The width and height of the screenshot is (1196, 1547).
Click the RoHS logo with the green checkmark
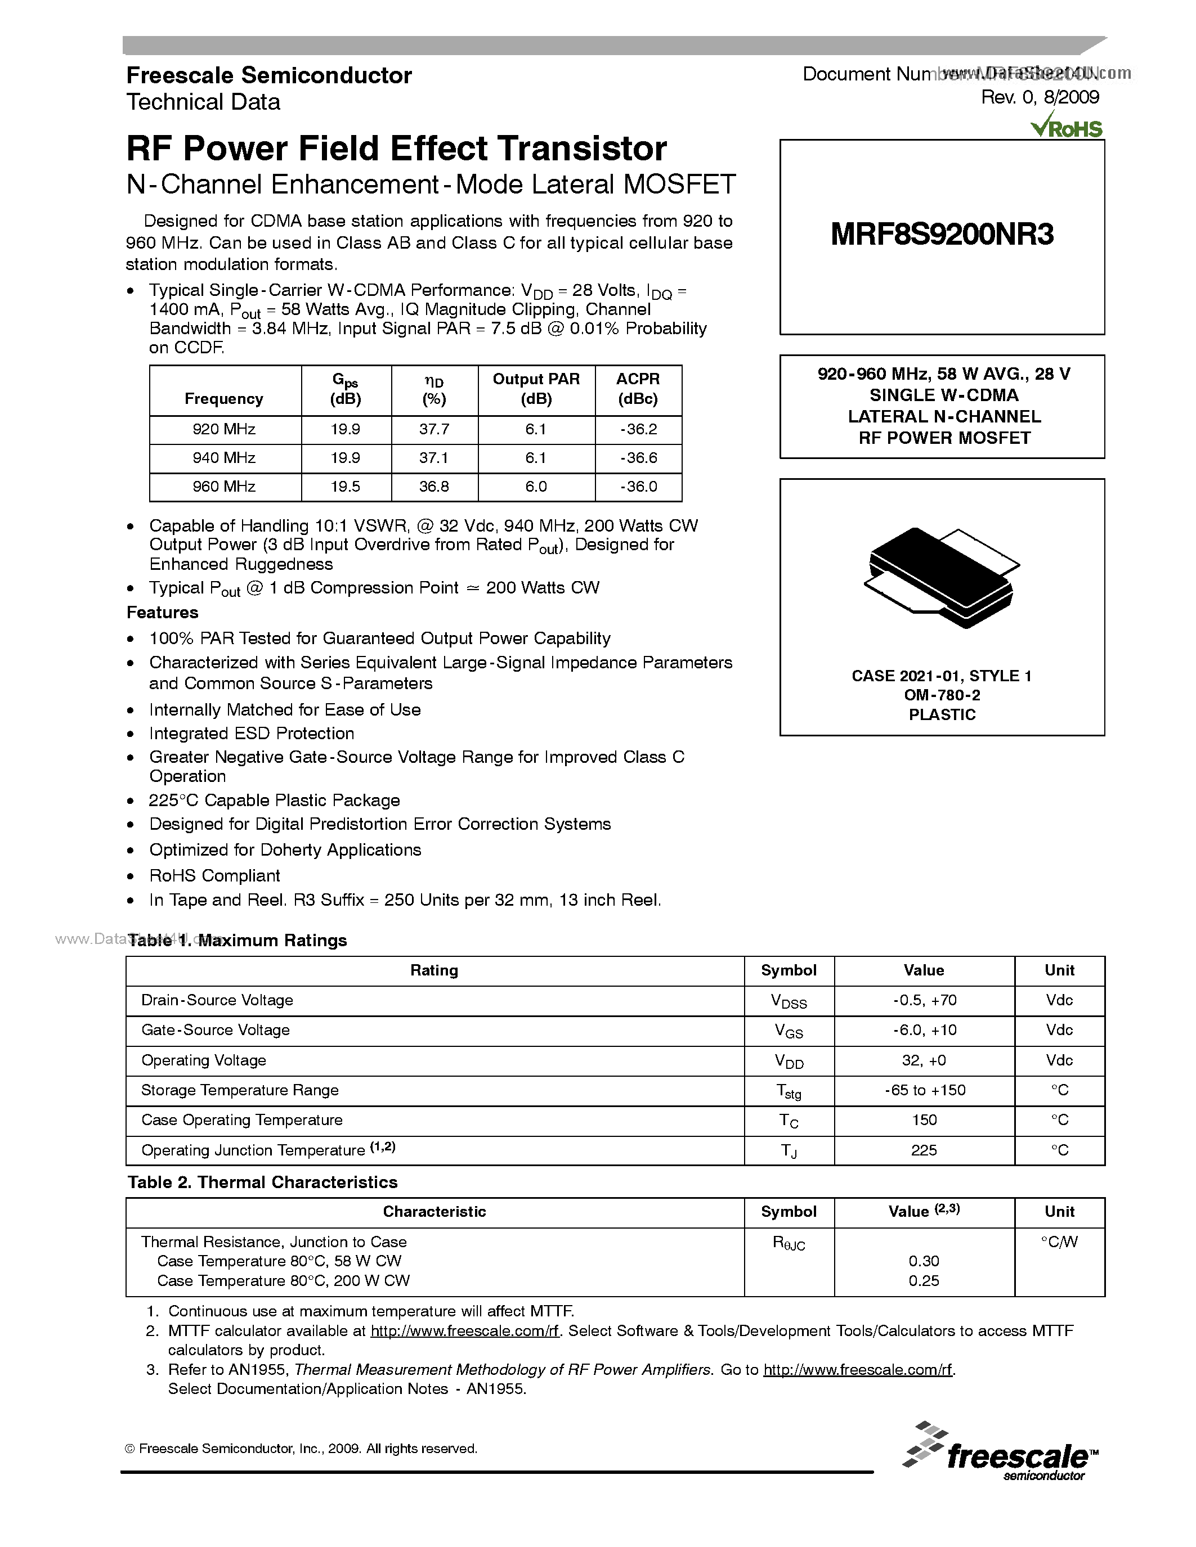pos(1067,128)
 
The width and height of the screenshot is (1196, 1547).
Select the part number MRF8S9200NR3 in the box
pos(942,235)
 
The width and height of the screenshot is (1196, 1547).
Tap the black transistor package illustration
pos(941,577)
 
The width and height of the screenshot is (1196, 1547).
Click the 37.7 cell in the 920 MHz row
pos(433,429)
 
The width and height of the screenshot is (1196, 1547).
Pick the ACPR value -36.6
pos(638,457)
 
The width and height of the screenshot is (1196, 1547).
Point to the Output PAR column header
pos(536,389)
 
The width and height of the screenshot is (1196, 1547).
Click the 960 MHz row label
pos(224,487)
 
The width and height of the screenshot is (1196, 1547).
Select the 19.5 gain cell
pos(345,487)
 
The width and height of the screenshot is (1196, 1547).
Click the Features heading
pos(162,612)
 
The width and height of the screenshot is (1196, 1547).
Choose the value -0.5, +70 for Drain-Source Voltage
pos(924,1000)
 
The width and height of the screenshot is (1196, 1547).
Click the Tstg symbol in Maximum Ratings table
pos(788,1091)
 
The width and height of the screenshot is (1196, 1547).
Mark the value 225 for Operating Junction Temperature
pos(924,1150)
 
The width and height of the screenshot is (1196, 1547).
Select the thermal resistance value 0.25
pos(924,1281)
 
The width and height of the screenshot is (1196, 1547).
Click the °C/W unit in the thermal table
pos(1059,1242)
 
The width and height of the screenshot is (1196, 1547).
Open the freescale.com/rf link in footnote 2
pos(465,1331)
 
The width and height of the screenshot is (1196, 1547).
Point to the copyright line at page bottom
pos(301,1449)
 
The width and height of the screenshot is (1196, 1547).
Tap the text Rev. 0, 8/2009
pos(1040,98)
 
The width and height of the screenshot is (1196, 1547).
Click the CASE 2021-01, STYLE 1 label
pos(941,676)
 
